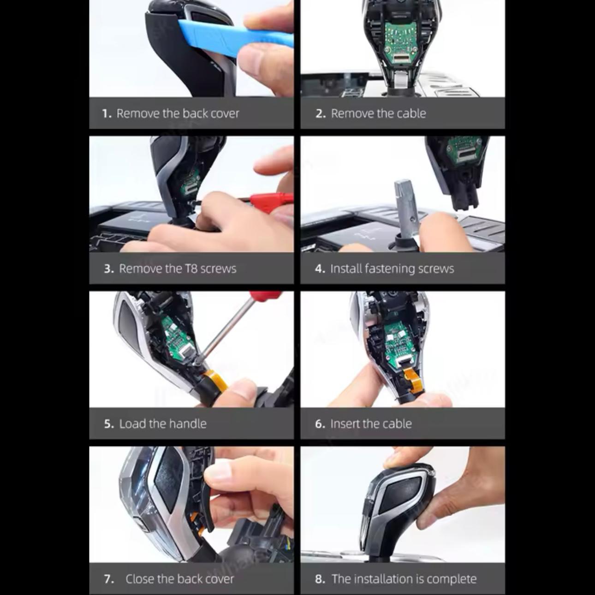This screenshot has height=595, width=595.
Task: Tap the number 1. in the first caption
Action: (107, 113)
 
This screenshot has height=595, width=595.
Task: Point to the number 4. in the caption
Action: (320, 268)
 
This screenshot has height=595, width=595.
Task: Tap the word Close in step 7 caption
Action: (140, 579)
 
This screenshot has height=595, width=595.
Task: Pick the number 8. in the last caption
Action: (320, 579)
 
